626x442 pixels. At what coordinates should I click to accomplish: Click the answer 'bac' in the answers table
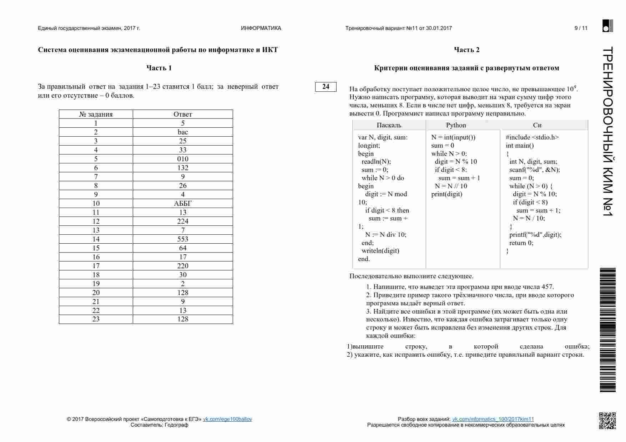click(x=183, y=132)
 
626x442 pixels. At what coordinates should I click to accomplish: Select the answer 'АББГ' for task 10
click(x=183, y=203)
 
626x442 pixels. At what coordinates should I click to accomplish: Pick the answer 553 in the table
click(x=183, y=239)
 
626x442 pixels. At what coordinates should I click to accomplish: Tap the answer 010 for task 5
click(x=183, y=159)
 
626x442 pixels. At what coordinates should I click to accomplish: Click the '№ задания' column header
click(x=96, y=114)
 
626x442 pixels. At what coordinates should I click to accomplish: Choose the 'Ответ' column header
click(x=183, y=114)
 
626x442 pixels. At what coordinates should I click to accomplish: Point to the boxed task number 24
click(x=325, y=86)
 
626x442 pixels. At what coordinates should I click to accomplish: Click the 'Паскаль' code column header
click(x=389, y=125)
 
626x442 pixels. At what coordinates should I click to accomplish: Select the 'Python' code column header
click(x=456, y=125)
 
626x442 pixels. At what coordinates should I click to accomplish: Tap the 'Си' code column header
click(x=537, y=125)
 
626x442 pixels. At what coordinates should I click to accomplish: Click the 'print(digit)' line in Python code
click(x=446, y=194)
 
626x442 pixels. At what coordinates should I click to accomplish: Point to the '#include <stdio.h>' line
click(x=532, y=137)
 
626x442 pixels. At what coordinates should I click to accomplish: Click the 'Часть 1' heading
click(x=159, y=68)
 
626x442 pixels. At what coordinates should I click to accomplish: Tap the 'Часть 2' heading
click(x=466, y=50)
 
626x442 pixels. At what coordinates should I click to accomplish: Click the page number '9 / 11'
click(x=581, y=28)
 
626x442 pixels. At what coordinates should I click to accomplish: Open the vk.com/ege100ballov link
click(x=227, y=419)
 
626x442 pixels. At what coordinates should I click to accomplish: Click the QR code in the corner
click(x=607, y=421)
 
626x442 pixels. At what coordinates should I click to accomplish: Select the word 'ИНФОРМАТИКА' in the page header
click(x=261, y=28)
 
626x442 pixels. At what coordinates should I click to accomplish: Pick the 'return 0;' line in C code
click(x=521, y=243)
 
